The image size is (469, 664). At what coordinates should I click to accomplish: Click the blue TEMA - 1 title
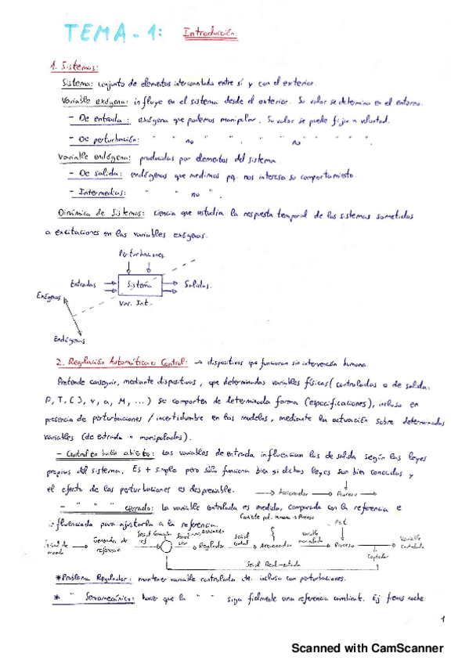tap(114, 34)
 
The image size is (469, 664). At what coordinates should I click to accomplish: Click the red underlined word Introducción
tap(209, 34)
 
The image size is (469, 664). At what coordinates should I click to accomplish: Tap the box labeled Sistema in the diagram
tap(137, 285)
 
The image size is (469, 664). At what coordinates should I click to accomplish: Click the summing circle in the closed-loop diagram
tap(144, 546)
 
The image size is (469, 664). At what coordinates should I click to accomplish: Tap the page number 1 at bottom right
tap(442, 620)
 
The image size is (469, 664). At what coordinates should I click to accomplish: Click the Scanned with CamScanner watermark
tap(367, 648)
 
